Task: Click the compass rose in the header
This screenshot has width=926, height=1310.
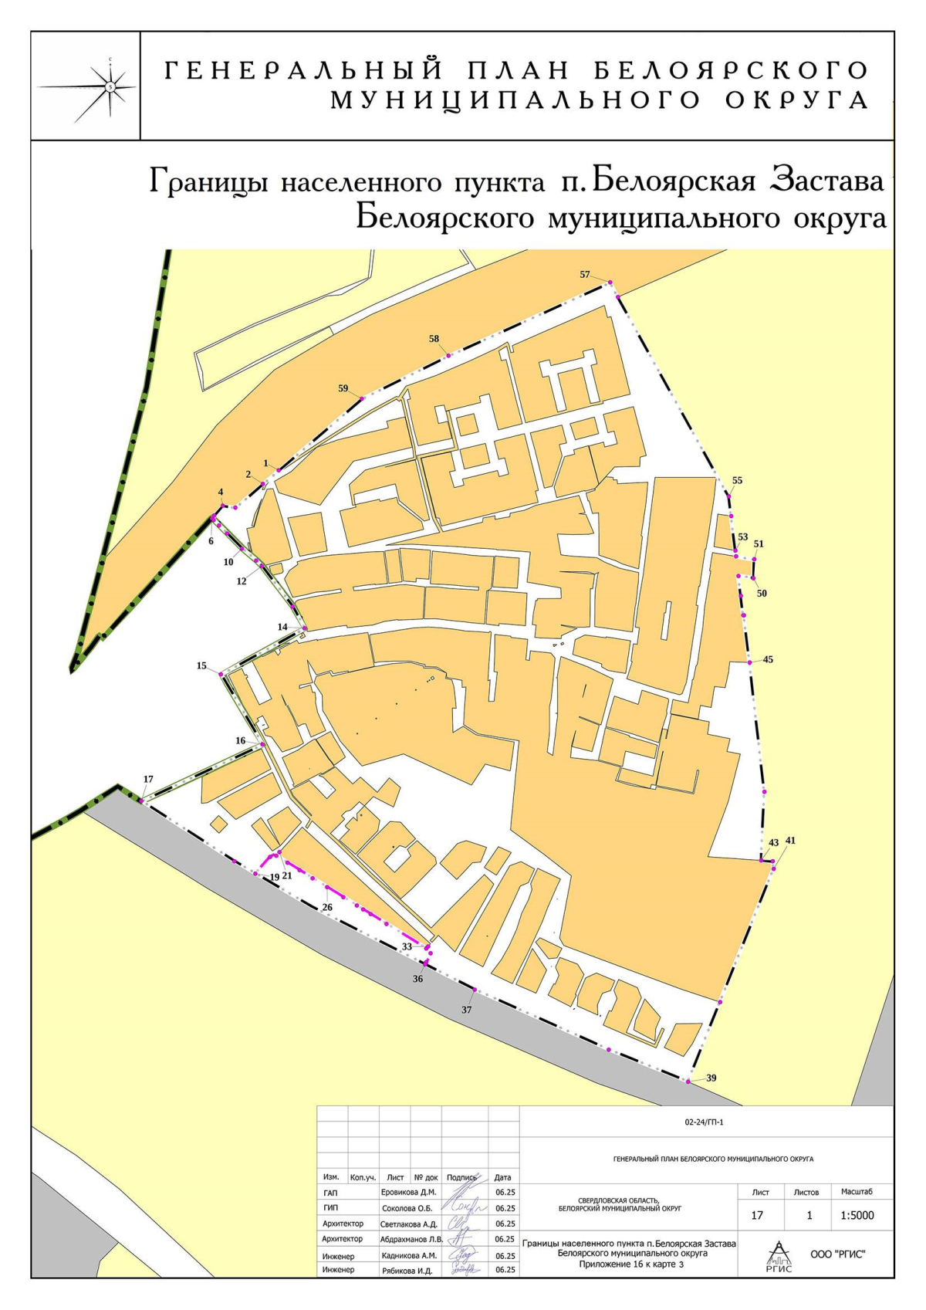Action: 110,86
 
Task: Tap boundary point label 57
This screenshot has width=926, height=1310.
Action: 585,275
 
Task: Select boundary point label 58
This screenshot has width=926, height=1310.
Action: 434,339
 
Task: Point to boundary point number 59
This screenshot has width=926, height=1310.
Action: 343,388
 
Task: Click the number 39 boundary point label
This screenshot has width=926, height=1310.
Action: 711,1078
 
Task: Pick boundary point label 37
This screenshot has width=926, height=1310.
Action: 466,1010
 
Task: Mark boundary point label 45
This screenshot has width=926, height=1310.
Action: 768,660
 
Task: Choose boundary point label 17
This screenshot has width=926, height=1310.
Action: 148,779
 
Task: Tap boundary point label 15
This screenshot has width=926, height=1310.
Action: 201,665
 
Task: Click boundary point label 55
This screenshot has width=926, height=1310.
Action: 737,480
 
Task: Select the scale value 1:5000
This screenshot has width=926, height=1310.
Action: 857,1215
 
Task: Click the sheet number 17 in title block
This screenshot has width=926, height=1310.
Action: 757,1215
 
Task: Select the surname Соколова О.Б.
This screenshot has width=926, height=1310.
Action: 409,1208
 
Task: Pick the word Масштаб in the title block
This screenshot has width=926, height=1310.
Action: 857,1192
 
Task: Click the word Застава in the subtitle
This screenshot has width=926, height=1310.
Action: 828,182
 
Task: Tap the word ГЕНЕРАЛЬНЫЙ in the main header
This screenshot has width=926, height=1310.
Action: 304,71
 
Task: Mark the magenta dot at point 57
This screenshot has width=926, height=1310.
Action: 610,283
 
